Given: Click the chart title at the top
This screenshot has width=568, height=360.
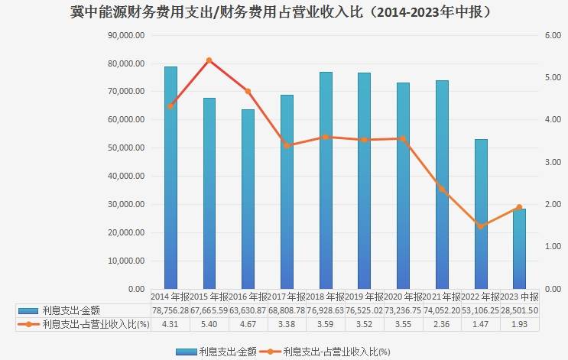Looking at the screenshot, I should (x=284, y=12).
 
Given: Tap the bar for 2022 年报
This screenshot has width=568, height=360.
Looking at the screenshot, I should (x=481, y=214).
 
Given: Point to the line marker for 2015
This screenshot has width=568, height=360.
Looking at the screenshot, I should (x=209, y=60).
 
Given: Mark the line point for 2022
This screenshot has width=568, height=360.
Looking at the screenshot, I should (x=481, y=226).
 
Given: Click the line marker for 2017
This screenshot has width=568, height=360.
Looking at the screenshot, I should (x=287, y=145).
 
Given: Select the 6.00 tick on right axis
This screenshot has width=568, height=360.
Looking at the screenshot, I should (x=552, y=35).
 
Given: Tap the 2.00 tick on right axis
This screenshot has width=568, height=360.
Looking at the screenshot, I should (x=552, y=205).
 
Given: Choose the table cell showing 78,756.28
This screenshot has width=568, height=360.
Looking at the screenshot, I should (x=170, y=310).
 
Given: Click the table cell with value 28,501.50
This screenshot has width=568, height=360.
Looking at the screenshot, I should (x=520, y=310).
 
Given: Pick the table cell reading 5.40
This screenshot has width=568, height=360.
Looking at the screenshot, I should (x=209, y=324).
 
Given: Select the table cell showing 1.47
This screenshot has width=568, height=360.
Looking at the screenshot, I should (x=481, y=324).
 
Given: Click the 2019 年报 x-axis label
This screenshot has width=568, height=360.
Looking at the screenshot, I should (x=364, y=297).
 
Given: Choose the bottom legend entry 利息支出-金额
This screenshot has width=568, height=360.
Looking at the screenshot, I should (x=222, y=352).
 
